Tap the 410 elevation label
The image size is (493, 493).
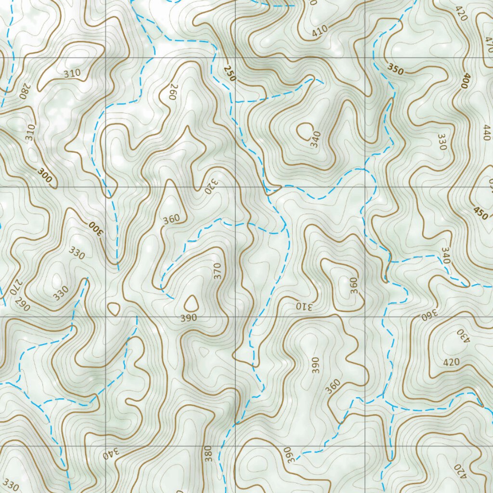tap(319, 30)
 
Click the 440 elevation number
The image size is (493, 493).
tap(486, 131)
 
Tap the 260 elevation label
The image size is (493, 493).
tap(174, 91)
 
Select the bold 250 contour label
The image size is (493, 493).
tap(230, 72)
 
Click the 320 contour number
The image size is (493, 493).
tap(211, 185)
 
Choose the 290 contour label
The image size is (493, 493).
tap(23, 305)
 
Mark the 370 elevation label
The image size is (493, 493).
tap(217, 271)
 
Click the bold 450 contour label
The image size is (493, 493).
tap(480, 213)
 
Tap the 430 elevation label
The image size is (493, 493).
tap(460, 335)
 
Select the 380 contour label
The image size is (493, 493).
tap(208, 454)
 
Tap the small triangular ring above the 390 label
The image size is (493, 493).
tap(191, 302)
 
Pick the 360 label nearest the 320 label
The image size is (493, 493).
tap(171, 219)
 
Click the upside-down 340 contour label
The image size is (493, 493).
tap(110, 454)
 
